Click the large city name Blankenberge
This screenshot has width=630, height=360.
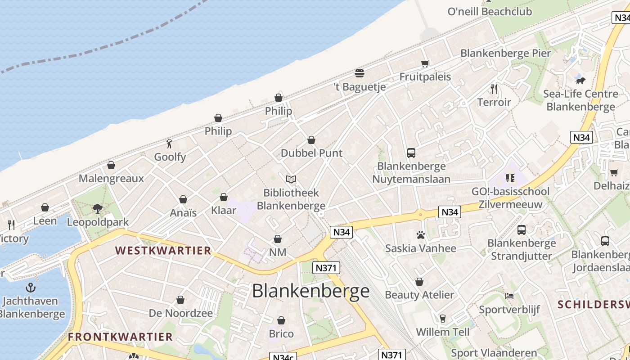coord(310,291)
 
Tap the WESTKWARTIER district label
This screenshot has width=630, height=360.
coord(163,251)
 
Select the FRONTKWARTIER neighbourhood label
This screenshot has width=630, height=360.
coord(120,337)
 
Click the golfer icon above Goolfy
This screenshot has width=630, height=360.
coord(169,144)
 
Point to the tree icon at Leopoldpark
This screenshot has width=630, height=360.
coord(97,208)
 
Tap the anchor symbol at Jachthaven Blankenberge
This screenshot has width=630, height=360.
coord(30,287)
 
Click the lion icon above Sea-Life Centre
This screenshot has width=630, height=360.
coord(580,81)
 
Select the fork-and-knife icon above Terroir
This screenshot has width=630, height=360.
coord(494,89)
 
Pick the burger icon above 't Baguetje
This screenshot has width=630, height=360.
coord(359,73)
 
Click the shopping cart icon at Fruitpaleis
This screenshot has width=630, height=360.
coord(425,63)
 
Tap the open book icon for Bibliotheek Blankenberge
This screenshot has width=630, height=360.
coord(291,180)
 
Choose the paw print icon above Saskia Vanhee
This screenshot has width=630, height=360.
coord(420,235)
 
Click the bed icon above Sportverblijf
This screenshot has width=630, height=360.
coord(509,296)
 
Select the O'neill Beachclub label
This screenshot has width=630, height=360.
coord(490,12)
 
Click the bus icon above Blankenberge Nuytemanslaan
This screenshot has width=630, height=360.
coord(411,153)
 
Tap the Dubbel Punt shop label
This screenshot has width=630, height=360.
coord(311,153)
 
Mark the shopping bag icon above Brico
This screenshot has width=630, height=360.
coord(281,321)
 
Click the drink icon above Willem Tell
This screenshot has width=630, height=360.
coord(442,319)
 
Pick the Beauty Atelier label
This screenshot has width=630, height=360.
coord(419,295)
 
